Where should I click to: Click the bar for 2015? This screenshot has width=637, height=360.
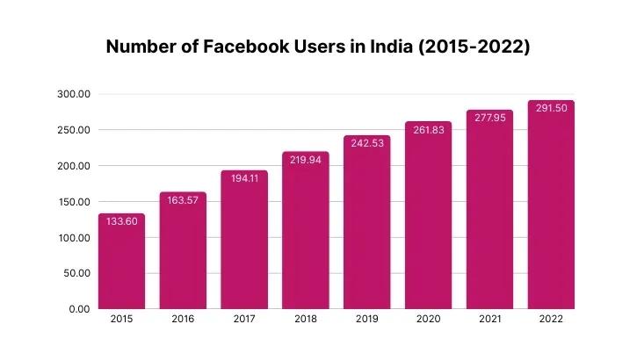(121, 263)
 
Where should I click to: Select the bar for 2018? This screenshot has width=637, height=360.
(305, 233)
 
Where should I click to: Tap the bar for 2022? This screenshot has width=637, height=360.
(550, 206)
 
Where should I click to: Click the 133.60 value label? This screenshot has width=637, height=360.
(121, 221)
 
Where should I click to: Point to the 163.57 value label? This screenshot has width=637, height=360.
(183, 200)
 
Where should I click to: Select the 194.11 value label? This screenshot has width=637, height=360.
(243, 178)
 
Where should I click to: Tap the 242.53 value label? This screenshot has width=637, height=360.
(366, 143)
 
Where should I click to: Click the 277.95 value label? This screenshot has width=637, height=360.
(489, 118)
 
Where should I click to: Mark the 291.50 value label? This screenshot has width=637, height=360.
(550, 108)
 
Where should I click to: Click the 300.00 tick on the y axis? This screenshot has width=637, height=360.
(73, 94)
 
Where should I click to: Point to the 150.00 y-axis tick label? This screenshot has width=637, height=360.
(73, 202)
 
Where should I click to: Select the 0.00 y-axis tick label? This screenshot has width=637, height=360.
(79, 309)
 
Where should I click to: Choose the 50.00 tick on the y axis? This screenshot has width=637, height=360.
(76, 273)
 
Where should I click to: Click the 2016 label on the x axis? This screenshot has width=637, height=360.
(183, 320)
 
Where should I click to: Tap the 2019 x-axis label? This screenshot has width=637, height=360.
(366, 320)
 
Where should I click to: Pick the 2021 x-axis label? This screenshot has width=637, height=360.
(489, 320)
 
